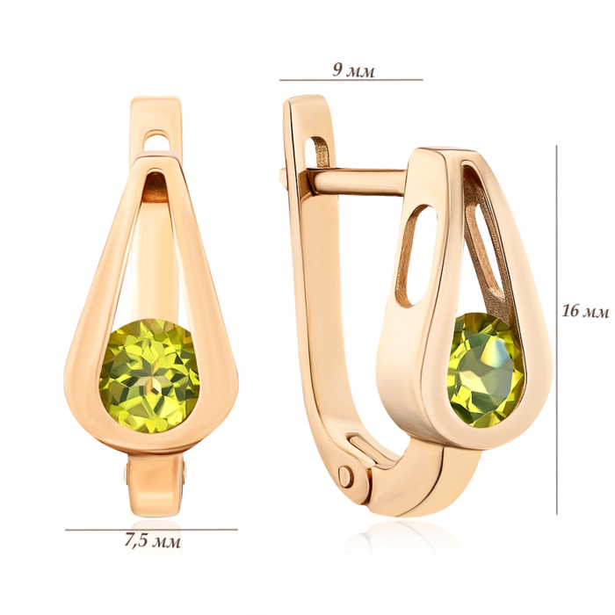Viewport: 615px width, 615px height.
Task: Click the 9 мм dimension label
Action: (x=353, y=70)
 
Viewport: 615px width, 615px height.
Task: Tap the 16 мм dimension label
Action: (x=585, y=311)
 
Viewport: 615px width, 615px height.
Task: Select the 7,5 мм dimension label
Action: (x=153, y=540)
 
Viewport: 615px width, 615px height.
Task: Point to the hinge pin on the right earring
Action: (x=345, y=476)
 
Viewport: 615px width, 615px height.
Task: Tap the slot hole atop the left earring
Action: (x=159, y=141)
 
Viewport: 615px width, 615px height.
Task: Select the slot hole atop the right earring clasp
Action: (x=320, y=152)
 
